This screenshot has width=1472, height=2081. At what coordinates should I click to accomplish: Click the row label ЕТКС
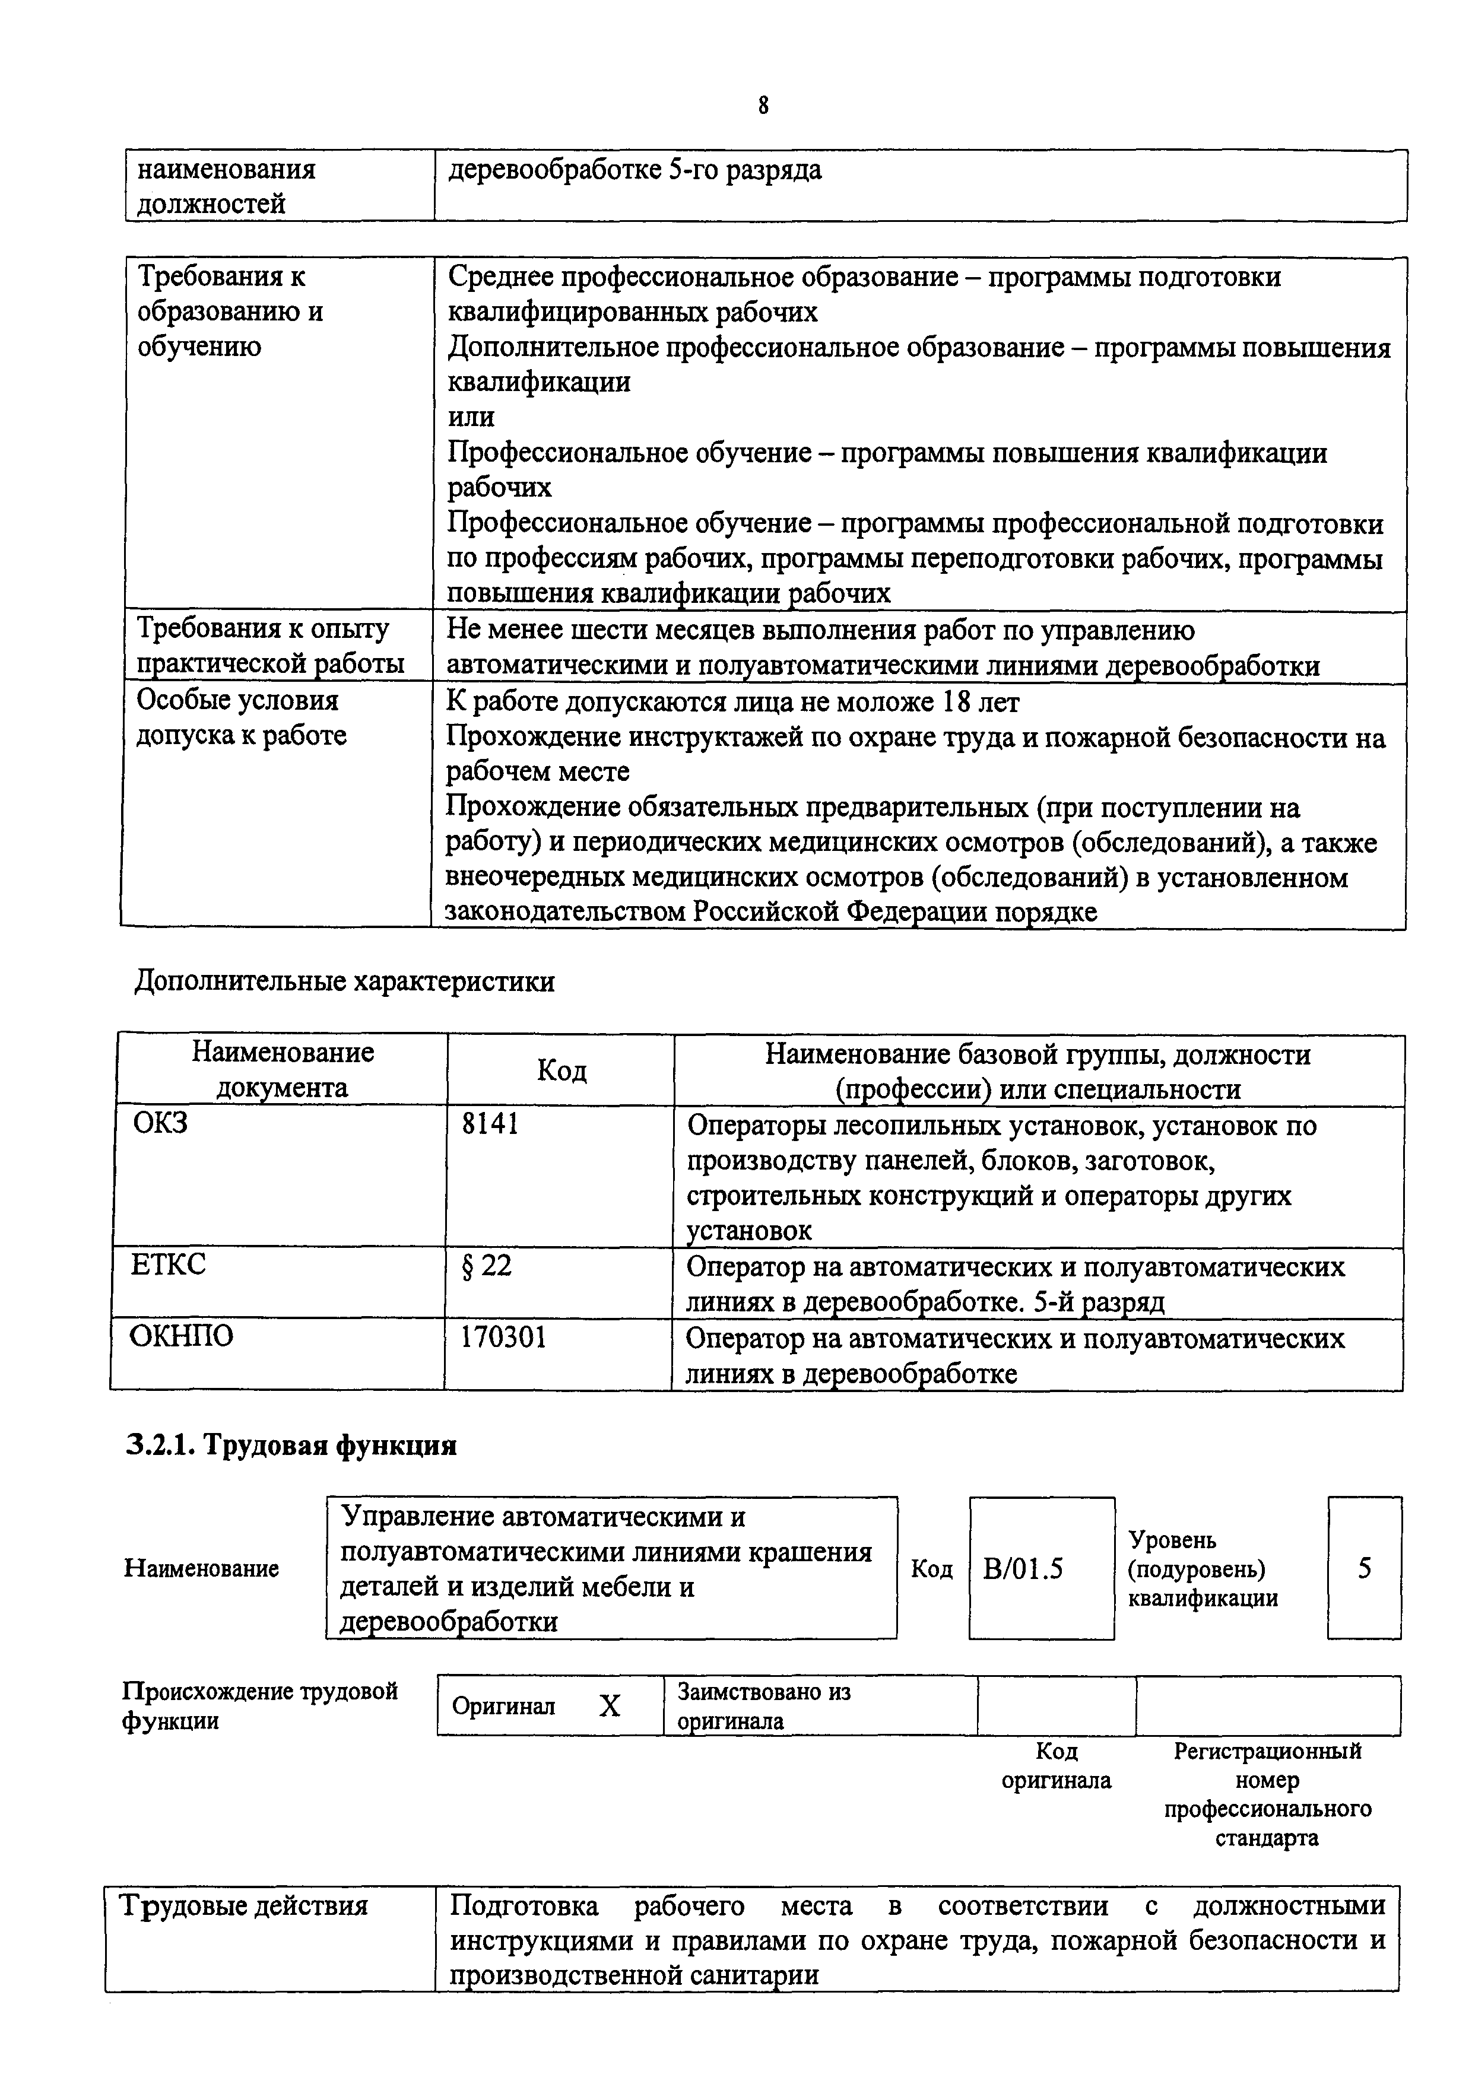click(x=169, y=1263)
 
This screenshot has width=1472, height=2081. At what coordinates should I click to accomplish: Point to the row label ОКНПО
click(x=181, y=1336)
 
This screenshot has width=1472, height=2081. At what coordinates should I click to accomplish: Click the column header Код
click(x=561, y=1070)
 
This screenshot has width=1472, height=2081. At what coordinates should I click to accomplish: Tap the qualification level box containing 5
click(x=1364, y=1568)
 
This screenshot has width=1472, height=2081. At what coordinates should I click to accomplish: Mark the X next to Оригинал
click(x=610, y=1707)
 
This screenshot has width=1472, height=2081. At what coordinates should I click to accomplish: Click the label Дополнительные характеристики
click(x=344, y=981)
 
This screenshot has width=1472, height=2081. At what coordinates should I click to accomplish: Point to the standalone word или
click(x=471, y=417)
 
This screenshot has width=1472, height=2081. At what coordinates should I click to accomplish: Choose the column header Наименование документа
click(x=282, y=1069)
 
